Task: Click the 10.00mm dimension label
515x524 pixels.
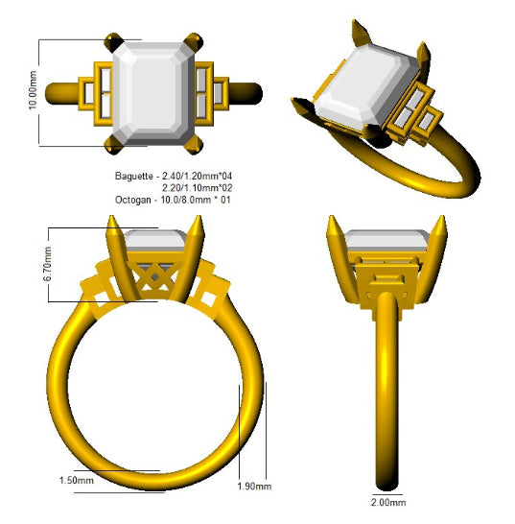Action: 33,90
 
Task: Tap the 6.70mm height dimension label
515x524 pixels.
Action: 47,264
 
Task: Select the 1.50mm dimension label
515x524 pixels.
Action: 77,480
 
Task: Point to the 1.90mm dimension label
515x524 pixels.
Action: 254,486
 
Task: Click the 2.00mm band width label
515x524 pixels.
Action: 388,502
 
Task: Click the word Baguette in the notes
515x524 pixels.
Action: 134,176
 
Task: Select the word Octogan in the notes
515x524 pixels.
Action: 133,200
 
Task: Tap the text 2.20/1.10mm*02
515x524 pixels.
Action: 197,188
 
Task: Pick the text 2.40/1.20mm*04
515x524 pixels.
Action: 197,176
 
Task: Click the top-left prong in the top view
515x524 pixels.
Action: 113,42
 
